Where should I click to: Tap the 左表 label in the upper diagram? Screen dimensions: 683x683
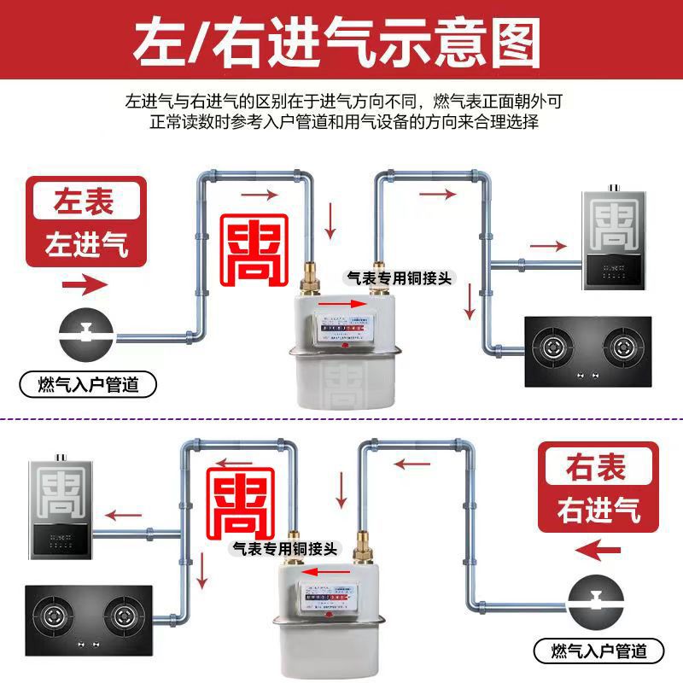[84, 202]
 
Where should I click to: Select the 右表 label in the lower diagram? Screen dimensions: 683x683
[596, 467]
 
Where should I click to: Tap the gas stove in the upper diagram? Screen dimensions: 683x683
[586, 349]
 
